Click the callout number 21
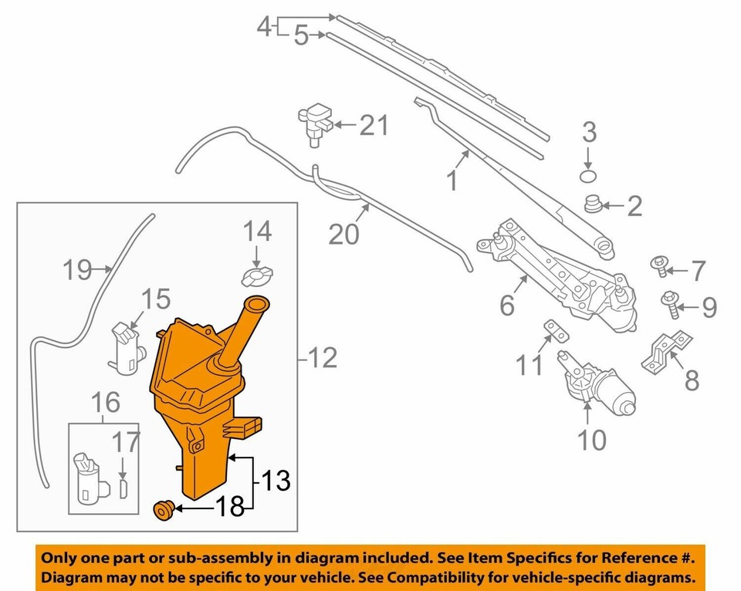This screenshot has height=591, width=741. [374, 125]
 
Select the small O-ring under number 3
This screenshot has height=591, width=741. [588, 177]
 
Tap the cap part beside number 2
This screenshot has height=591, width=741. [593, 204]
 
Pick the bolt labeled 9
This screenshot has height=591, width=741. [671, 305]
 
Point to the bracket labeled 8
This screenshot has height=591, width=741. [666, 352]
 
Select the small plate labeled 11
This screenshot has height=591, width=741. [556, 330]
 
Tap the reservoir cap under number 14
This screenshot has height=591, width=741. [257, 276]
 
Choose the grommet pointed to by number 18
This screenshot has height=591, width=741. [164, 512]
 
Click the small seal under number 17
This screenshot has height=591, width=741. [124, 489]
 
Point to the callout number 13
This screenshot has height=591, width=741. [276, 481]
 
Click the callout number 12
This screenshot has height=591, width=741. [323, 358]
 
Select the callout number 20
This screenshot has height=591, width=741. [343, 234]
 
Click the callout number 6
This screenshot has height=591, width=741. [506, 306]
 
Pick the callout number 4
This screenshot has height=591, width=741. [264, 26]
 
